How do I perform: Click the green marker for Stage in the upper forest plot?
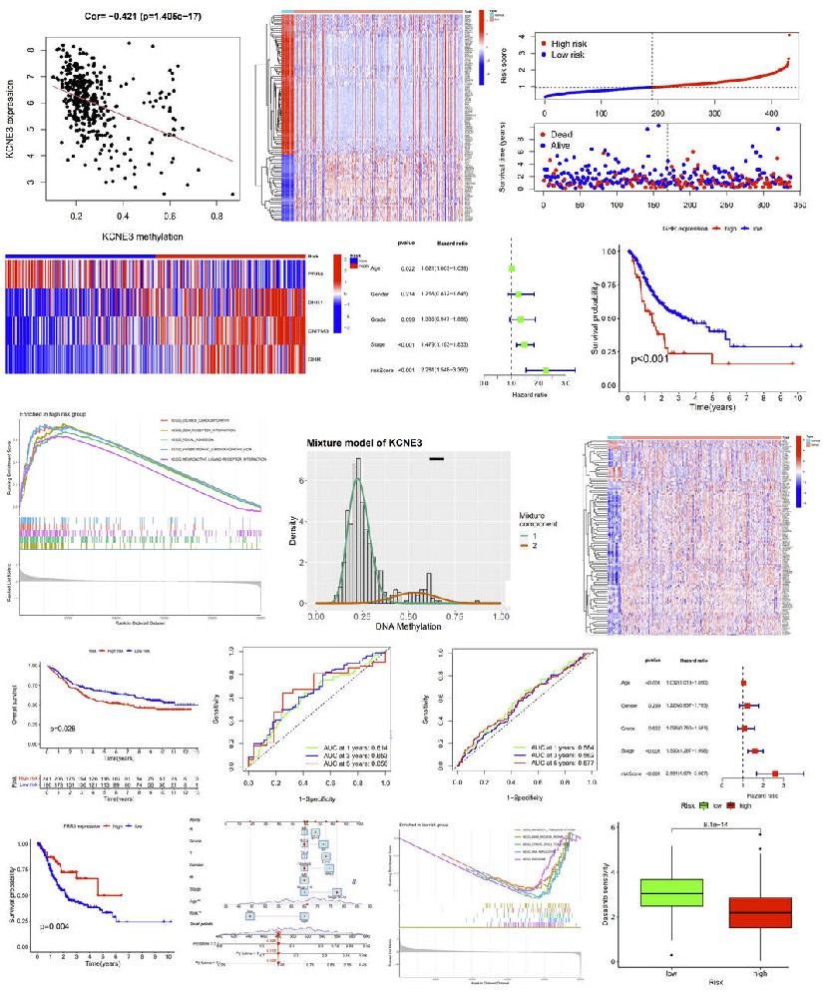[x=525, y=344]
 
